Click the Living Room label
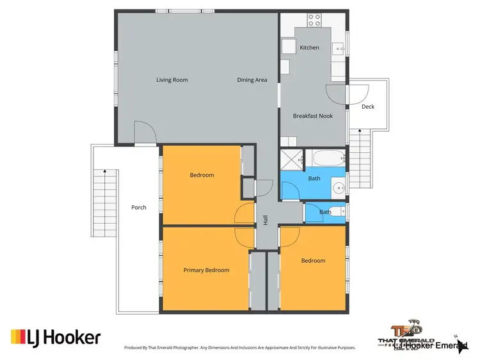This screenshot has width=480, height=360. tap(172, 80)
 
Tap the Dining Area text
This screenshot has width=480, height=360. tap(252, 80)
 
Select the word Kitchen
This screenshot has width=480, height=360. tap(309, 48)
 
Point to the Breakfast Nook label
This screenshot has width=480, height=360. tap(310, 116)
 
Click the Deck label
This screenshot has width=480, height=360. tap(368, 107)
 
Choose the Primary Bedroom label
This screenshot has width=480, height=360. tap(206, 270)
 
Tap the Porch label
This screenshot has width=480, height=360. tap(139, 207)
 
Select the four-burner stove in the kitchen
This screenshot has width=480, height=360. tap(314, 19)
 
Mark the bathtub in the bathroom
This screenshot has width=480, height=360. tap(326, 157)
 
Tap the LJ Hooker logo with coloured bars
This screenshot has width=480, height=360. tap(55, 336)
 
